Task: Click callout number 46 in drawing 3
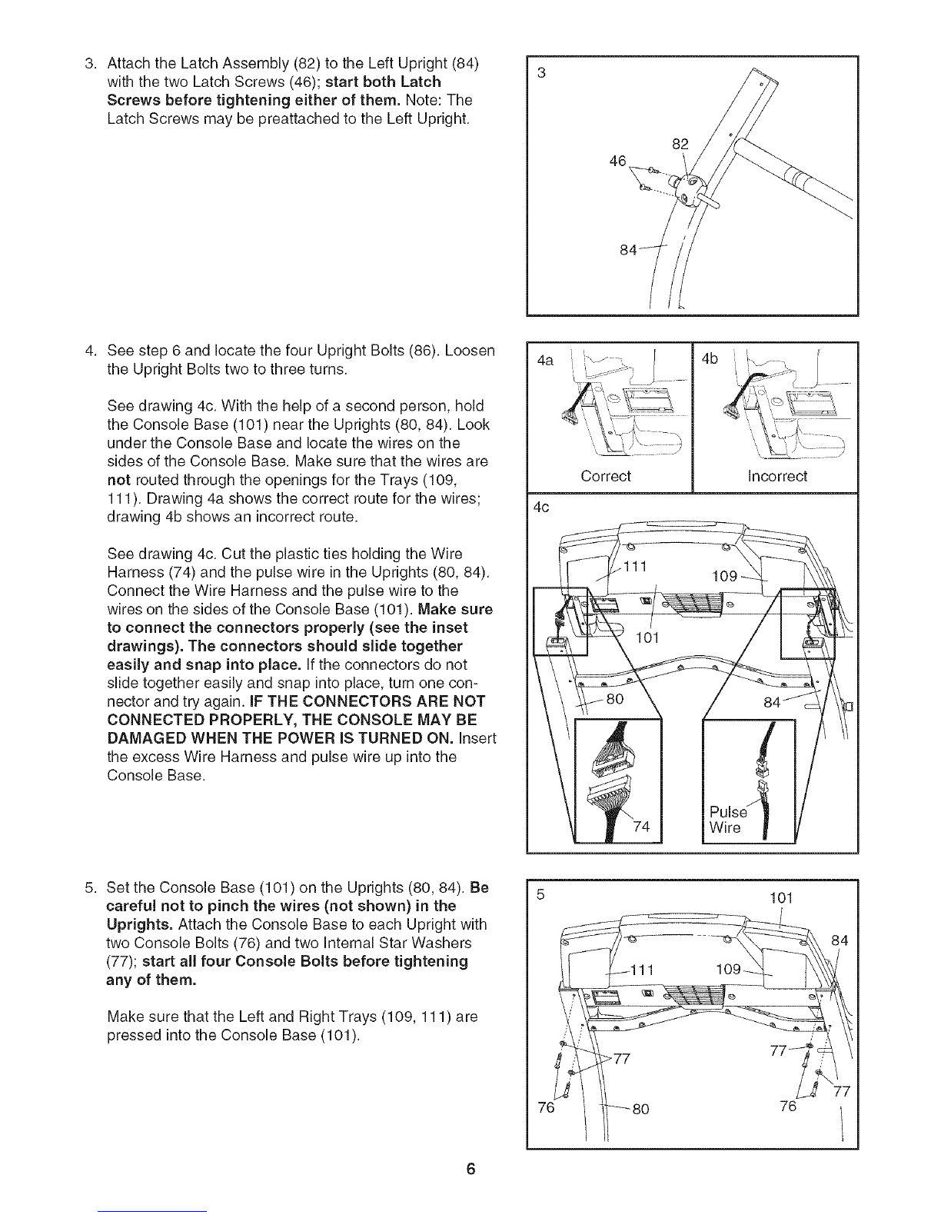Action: [617, 161]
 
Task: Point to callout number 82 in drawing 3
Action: [680, 142]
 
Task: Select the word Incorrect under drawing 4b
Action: [777, 476]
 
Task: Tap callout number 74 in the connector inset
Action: [642, 827]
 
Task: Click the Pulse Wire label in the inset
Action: [727, 820]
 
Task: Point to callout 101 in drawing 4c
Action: [648, 637]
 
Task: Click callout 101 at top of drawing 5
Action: [780, 897]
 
